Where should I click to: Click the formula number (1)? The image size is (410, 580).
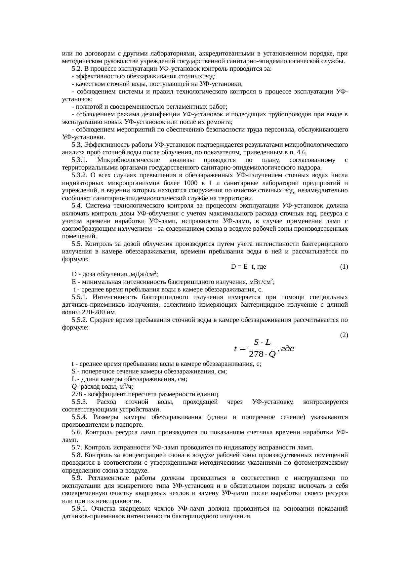344,266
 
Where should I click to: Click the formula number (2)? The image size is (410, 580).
344,335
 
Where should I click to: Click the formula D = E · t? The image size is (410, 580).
243,266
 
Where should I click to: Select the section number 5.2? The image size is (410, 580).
77,69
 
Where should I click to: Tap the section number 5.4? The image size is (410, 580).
77,206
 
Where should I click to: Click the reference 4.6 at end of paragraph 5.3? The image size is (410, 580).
302,152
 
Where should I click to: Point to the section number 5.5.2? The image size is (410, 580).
79,320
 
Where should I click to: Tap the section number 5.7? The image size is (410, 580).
77,447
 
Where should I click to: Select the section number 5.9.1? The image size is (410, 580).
79,509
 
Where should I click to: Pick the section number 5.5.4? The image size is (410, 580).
79,417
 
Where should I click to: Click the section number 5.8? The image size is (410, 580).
77,455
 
